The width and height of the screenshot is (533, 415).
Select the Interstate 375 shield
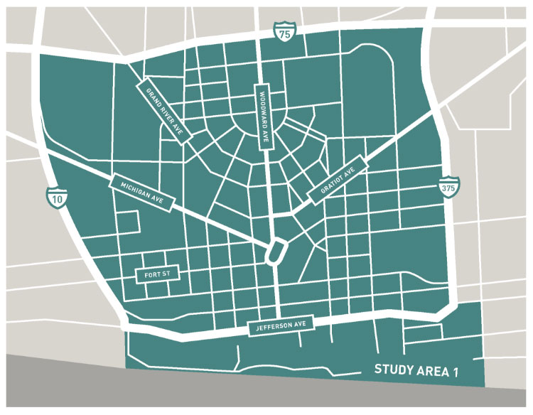(x=447, y=185)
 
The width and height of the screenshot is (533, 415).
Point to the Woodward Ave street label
(x=262, y=118)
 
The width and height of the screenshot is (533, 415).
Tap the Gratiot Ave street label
(x=336, y=179)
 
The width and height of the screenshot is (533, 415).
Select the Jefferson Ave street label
(x=281, y=325)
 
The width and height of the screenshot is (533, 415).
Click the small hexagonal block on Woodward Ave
(x=275, y=252)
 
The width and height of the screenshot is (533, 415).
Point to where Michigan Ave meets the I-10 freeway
(x=44, y=151)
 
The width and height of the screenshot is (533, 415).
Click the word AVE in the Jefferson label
(x=300, y=324)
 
